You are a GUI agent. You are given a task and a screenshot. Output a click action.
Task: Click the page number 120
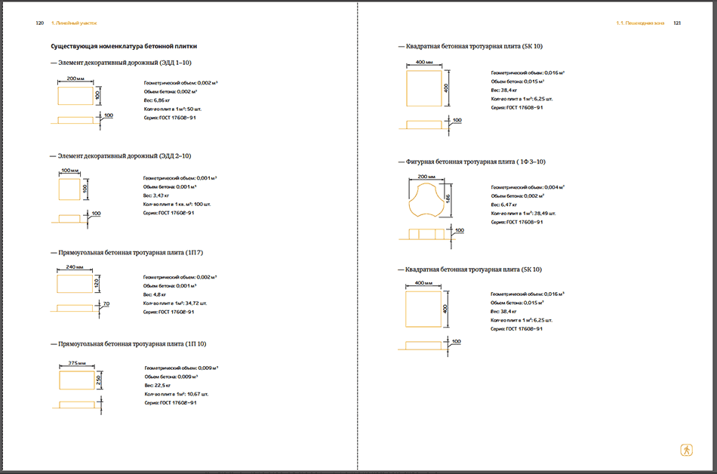point(40,23)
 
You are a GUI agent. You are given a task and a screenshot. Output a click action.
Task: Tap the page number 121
point(677,23)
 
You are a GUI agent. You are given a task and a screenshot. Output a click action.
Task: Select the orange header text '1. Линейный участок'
point(74,23)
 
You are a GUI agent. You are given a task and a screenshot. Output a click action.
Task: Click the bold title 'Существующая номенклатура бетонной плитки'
point(124,46)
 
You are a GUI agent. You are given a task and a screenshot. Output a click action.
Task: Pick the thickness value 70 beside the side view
point(106,303)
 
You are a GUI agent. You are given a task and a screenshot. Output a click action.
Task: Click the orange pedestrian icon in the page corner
point(686,449)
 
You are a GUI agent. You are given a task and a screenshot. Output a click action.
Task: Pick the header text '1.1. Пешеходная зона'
point(642,23)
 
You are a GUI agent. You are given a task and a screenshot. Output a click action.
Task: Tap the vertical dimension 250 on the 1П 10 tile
point(99,382)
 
